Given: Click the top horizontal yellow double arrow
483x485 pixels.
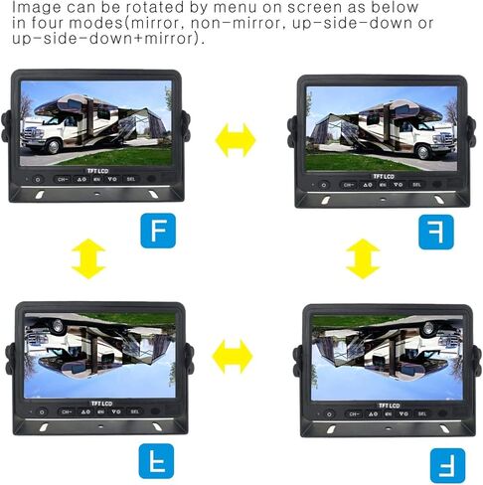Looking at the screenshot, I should (237, 140).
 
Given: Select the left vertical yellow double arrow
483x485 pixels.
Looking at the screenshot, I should (88, 257).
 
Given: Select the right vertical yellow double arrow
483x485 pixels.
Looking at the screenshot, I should (363, 257).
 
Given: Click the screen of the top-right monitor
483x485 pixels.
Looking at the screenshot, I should (382, 127).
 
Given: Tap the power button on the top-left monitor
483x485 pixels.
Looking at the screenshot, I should (38, 181).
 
